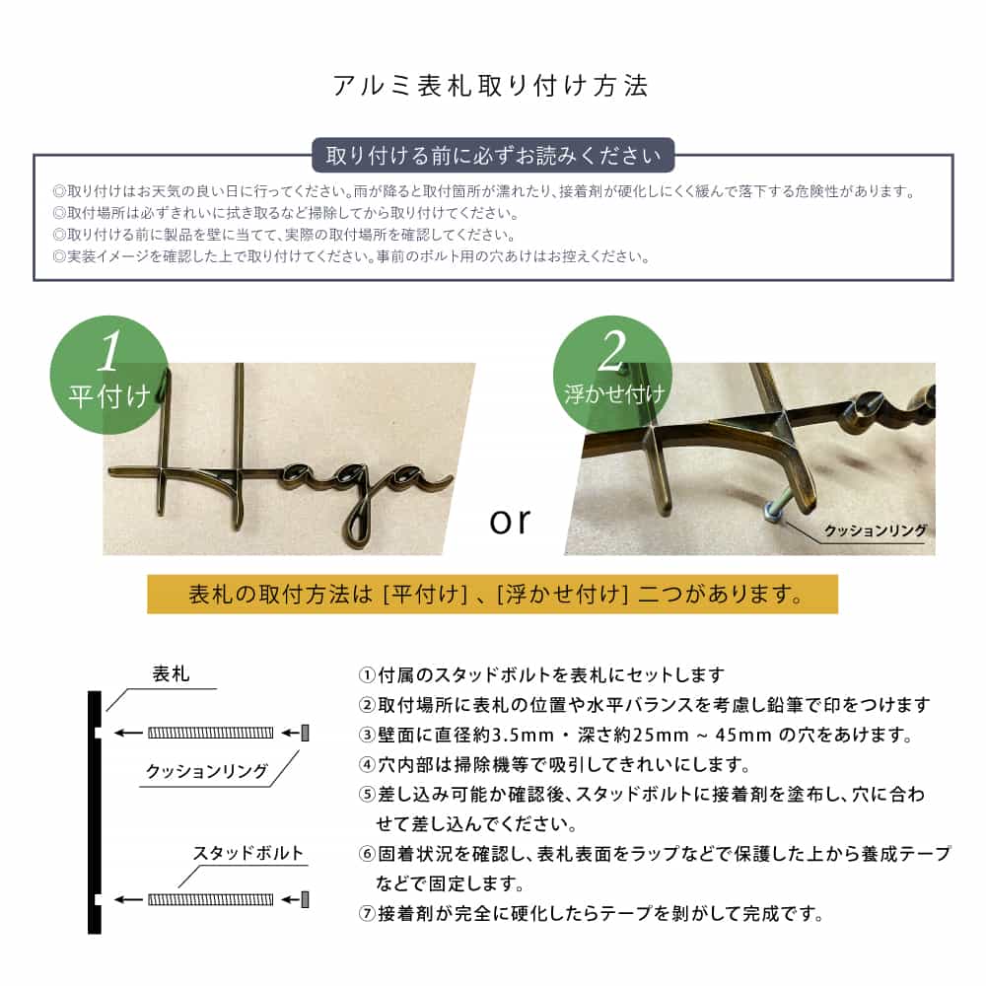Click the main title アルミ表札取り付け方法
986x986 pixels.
(x=492, y=86)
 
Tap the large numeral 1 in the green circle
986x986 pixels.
(x=110, y=349)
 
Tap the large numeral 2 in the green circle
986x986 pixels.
(x=613, y=349)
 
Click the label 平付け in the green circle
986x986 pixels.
(x=110, y=395)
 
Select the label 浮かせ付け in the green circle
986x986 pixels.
(x=613, y=395)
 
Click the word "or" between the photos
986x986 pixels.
(x=510, y=520)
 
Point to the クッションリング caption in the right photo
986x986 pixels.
(x=876, y=530)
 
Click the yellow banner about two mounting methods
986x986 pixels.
(x=492, y=595)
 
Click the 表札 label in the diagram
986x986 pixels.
(x=171, y=675)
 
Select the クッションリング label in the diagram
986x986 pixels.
(x=207, y=771)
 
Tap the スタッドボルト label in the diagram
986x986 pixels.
(x=247, y=853)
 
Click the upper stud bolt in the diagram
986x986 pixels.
(x=210, y=733)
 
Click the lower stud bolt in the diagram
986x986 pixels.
(x=210, y=899)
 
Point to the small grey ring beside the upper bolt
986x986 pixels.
(x=305, y=733)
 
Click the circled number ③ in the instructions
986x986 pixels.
(x=365, y=736)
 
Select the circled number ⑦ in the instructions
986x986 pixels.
(x=365, y=913)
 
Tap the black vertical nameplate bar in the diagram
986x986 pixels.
(x=95, y=813)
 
